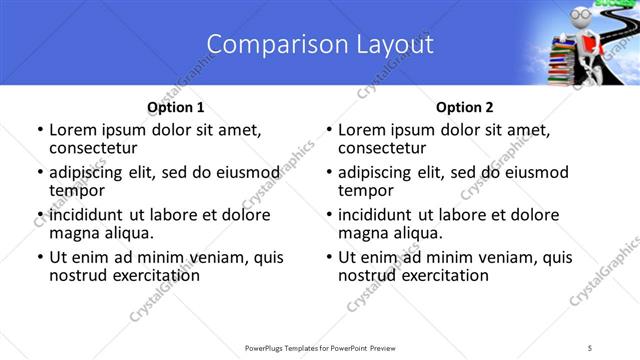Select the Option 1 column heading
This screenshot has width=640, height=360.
pos(175,107)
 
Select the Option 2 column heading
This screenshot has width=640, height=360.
pos(464,107)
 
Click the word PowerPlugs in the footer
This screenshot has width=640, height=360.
pos(269,347)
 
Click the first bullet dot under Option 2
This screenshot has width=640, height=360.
pos(328,131)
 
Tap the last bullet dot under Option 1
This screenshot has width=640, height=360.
pos(39,258)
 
